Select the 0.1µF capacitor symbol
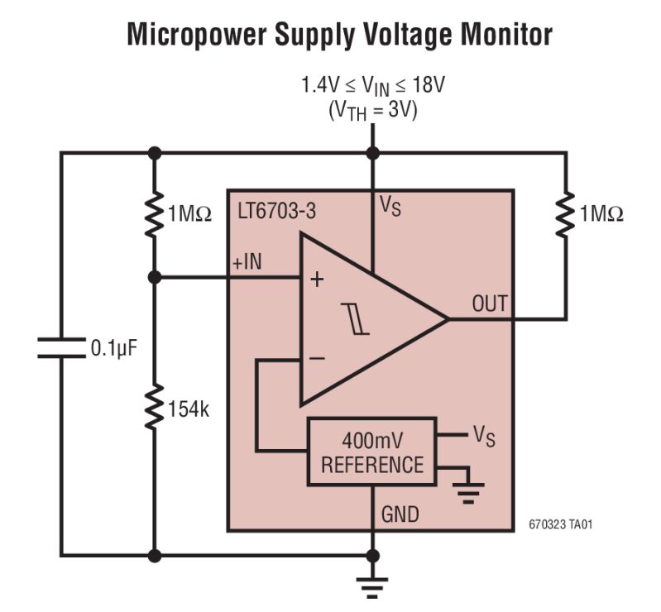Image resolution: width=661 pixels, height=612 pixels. tap(62, 347)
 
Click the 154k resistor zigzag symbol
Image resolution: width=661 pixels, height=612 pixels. tap(154, 409)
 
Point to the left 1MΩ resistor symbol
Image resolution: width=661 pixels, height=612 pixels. tap(154, 214)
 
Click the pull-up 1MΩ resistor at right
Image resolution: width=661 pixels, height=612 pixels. tap(566, 214)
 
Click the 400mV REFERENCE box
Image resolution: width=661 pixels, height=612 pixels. tap(371, 451)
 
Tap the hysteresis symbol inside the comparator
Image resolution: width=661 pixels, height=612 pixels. tap(359, 319)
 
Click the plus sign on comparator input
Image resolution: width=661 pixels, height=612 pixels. tap(316, 280)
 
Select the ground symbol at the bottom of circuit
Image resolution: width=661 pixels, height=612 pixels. tap(372, 586)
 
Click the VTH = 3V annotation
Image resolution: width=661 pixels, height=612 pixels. tap(373, 111)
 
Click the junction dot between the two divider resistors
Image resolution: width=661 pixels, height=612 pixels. tap(154, 279)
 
